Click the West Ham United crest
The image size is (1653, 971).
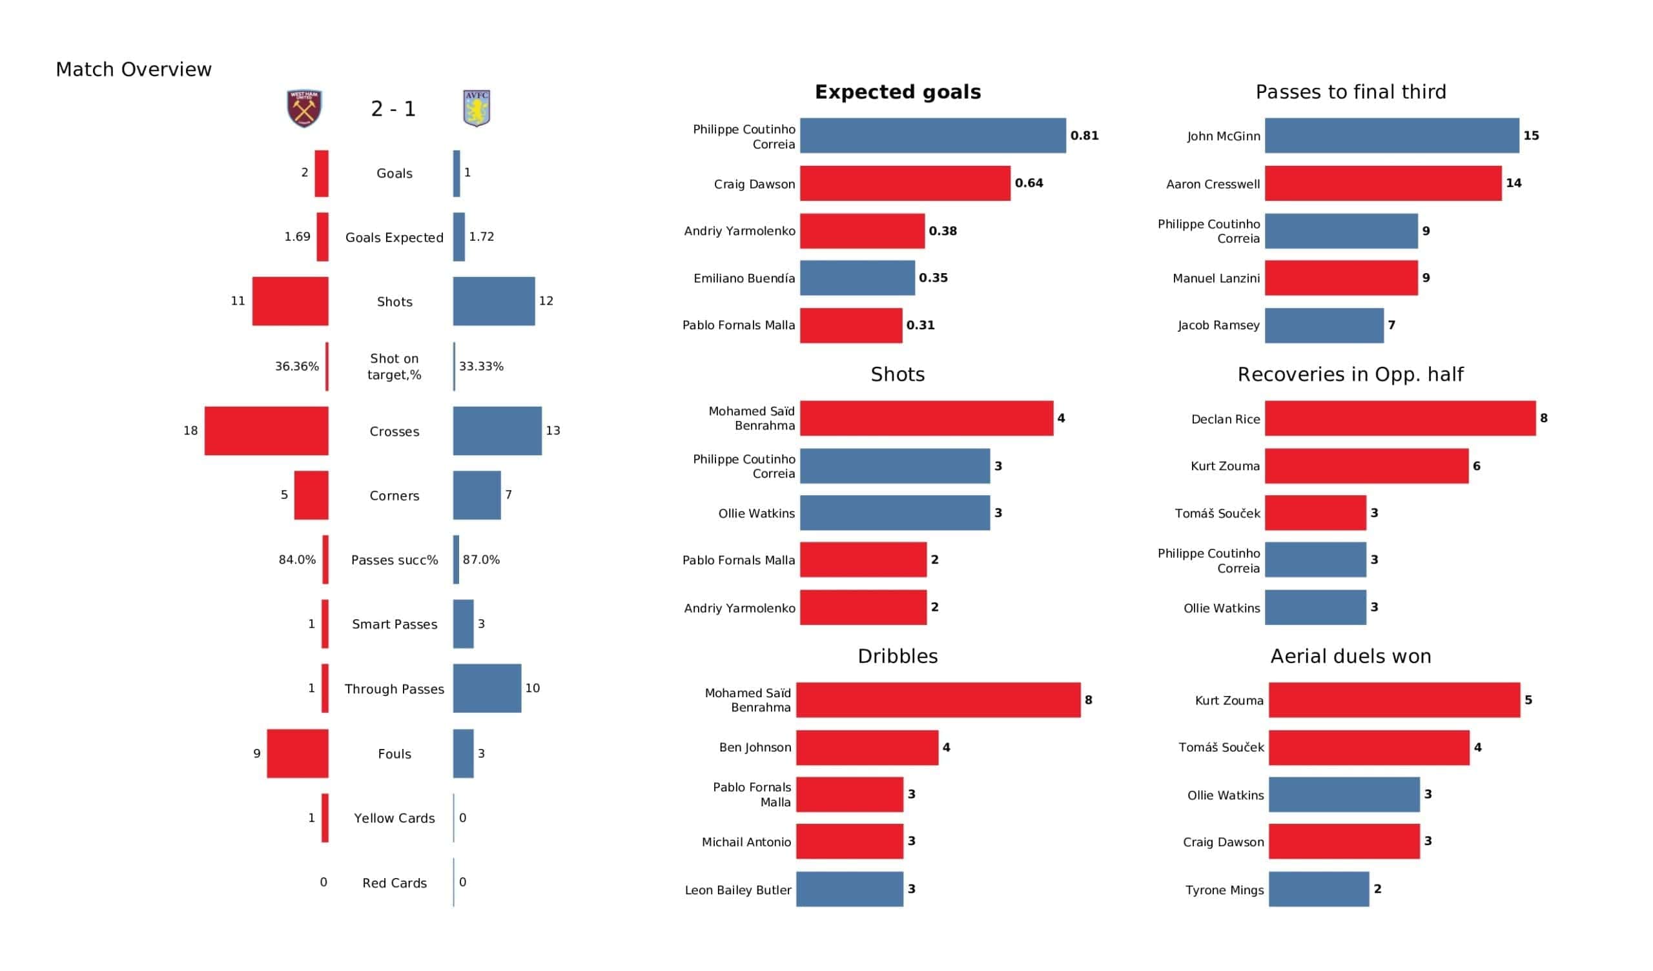[303, 108]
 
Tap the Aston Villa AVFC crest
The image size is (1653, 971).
[477, 108]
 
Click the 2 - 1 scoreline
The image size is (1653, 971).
[393, 109]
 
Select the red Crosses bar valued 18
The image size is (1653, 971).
[266, 431]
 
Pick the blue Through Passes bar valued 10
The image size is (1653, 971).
[487, 688]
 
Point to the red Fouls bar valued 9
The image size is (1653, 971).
[297, 753]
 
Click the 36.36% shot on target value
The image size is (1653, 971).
[296, 366]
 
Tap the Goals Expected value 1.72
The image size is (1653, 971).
[482, 236]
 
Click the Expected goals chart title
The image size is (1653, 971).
[898, 92]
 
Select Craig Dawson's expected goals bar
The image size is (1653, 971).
[905, 183]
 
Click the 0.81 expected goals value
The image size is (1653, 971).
[1084, 136]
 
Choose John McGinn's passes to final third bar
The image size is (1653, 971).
[1391, 136]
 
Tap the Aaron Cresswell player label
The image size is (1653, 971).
[1212, 185]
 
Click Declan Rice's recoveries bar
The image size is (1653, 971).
[1400, 418]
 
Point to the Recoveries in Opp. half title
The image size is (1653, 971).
[1350, 374]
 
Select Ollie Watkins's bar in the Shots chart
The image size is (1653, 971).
[895, 513]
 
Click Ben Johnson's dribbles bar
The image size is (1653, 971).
[867, 747]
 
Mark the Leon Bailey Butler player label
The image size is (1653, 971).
[737, 890]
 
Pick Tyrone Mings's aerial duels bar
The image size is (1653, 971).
[1319, 889]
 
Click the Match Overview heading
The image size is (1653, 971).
[134, 70]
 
